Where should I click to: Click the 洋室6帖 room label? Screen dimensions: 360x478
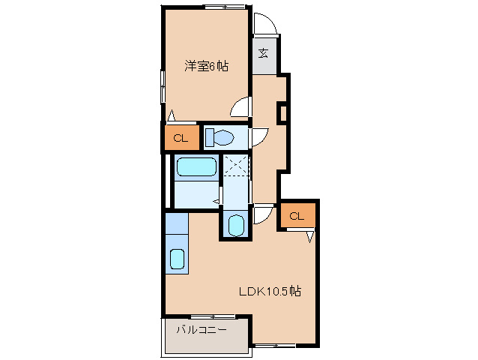207,66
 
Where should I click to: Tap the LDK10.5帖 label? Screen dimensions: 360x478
270,291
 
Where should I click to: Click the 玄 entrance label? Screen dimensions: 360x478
264,52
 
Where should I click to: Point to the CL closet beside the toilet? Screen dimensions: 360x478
181,138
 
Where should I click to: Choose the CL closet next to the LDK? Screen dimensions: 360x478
296,216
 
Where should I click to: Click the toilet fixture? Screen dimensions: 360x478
220,138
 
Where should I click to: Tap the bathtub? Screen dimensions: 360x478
196,168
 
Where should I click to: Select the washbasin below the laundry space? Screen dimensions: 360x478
235,225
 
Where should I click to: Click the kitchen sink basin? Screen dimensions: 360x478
177,259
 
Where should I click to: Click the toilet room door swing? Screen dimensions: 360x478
258,137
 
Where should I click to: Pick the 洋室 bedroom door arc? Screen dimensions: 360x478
240,108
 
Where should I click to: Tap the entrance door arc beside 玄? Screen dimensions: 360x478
266,25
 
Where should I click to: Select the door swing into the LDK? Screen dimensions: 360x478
262,215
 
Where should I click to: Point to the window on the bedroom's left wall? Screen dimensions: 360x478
163,85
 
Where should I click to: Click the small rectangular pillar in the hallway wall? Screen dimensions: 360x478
282,112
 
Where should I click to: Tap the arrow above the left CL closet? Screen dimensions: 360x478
172,116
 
